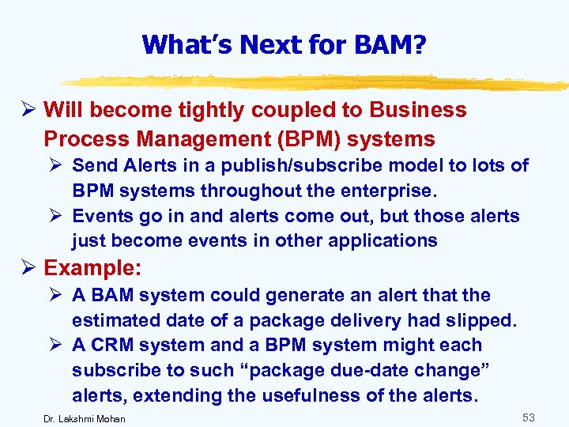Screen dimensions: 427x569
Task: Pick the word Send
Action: (93, 166)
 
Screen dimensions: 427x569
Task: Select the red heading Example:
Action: (92, 269)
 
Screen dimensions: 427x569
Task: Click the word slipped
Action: (481, 321)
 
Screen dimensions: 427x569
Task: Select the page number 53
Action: (529, 416)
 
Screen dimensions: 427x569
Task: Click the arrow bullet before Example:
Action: (29, 269)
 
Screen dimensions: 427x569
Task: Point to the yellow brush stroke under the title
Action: (316, 81)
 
